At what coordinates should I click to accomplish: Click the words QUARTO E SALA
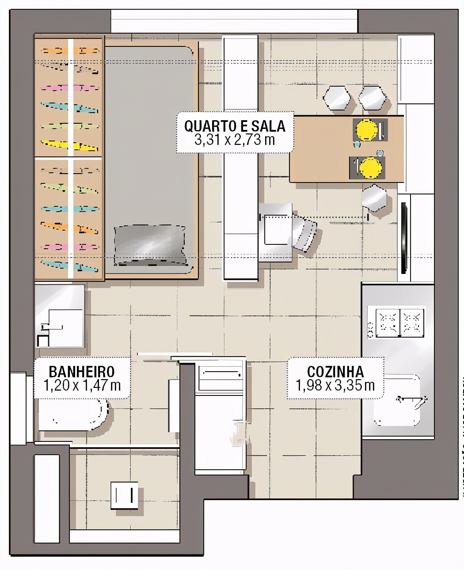(235, 126)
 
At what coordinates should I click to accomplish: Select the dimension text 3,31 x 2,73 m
(235, 140)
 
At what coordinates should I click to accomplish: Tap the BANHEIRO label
(82, 371)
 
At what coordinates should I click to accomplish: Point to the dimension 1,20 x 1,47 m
(82, 385)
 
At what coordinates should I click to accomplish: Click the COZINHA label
(335, 371)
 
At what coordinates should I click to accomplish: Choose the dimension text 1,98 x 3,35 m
(335, 385)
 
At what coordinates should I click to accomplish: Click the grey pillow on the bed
(149, 245)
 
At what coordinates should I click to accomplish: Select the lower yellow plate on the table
(370, 167)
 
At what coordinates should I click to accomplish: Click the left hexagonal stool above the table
(337, 98)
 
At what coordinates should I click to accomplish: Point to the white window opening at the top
(234, 20)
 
